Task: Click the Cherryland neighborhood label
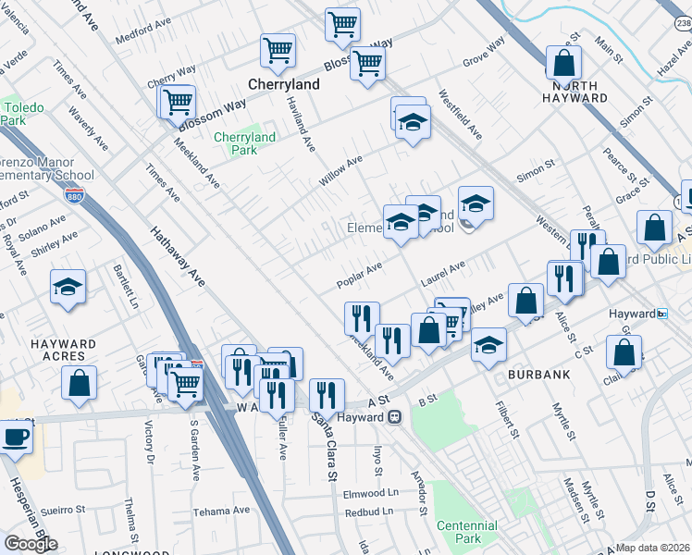tap(284, 84)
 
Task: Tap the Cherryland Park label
tap(244, 143)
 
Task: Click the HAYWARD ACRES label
tap(64, 350)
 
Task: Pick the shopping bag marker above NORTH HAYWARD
tap(563, 63)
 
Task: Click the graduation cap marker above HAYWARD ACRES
tap(68, 287)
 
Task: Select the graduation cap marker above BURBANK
tap(488, 346)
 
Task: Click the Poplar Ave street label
tap(360, 275)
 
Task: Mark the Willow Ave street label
tap(340, 171)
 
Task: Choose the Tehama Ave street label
tap(221, 512)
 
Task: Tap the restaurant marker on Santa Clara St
tap(327, 395)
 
